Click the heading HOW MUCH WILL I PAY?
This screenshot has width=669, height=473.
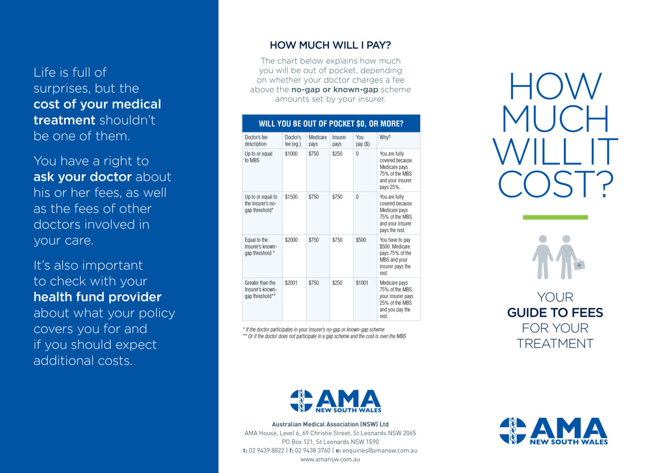coord(330,45)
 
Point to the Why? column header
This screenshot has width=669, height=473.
coord(385,137)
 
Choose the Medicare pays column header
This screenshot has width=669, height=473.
coord(318,141)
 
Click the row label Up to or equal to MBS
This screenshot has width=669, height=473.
coord(258,157)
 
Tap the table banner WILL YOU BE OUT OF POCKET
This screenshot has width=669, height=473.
coord(331,124)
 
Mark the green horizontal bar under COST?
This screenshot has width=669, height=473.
coord(555,217)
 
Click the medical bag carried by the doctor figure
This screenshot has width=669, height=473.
coord(579,264)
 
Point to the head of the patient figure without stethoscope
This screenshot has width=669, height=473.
coord(543,239)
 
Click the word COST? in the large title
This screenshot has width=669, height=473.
coord(555,184)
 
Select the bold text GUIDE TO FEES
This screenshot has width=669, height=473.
coord(555,313)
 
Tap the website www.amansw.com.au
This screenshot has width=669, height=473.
coord(330,459)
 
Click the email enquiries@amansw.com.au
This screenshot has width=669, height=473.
coord(380,450)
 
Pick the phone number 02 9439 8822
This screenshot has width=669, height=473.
coord(267,450)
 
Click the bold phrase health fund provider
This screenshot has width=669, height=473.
coord(98,297)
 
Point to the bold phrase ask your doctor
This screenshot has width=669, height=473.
coord(82,177)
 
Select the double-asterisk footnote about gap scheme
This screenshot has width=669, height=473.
coord(324,336)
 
